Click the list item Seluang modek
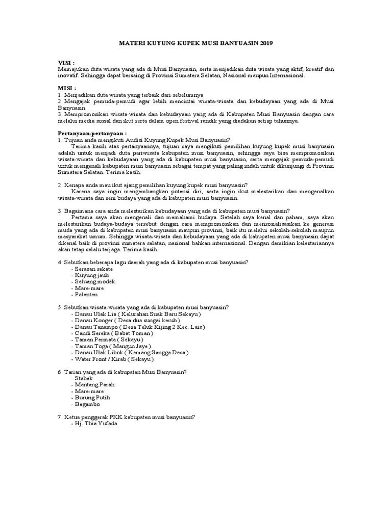pos(94,281)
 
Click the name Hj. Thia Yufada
pos(95,424)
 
